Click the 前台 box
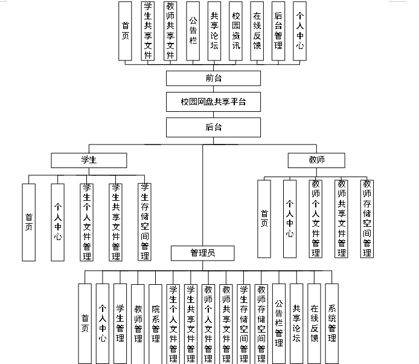(213, 79)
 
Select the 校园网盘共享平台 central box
(213, 102)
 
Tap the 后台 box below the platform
(213, 127)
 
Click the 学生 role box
(89, 160)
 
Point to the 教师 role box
(316, 160)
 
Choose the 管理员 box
(202, 253)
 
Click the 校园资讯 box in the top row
(235, 31)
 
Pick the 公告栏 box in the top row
(193, 31)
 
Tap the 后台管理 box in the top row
(278, 31)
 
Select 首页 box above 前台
(125, 31)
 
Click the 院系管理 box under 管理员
(155, 323)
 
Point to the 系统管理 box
(332, 323)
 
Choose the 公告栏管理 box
(279, 323)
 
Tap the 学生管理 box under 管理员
(120, 323)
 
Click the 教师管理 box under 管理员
(138, 323)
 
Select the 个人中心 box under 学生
(57, 222)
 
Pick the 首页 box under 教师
(264, 218)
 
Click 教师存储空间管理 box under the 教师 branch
(367, 218)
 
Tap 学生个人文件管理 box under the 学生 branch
(86, 222)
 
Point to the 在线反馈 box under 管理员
(314, 323)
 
